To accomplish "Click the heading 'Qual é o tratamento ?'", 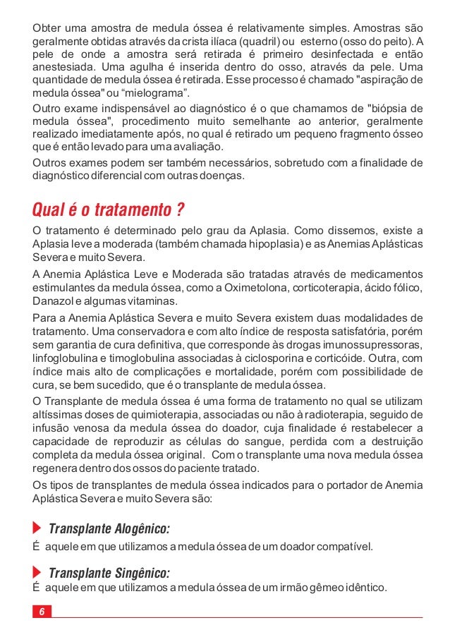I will pos(109,210).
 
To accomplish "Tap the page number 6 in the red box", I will pos(42,612).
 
